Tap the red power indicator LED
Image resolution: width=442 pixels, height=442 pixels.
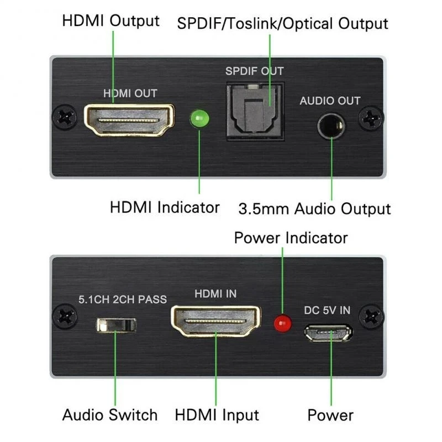(x=283, y=322)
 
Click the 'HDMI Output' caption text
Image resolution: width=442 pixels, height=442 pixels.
(x=111, y=21)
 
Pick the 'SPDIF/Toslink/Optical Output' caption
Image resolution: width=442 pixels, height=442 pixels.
(x=282, y=24)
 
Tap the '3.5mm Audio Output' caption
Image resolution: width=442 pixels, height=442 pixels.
(x=314, y=209)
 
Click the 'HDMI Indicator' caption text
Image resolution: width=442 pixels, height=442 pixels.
(x=165, y=208)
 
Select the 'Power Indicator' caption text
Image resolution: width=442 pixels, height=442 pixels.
(x=291, y=238)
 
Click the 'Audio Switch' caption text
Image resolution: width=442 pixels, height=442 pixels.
(x=110, y=414)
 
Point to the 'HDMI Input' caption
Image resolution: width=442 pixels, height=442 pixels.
(x=217, y=414)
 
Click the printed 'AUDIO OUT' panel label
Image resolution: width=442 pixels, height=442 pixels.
(x=330, y=101)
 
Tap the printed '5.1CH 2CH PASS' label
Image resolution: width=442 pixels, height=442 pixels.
(x=122, y=299)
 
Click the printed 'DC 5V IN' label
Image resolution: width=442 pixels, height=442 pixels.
(x=327, y=310)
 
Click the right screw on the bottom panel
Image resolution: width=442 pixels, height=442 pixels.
(x=371, y=317)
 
